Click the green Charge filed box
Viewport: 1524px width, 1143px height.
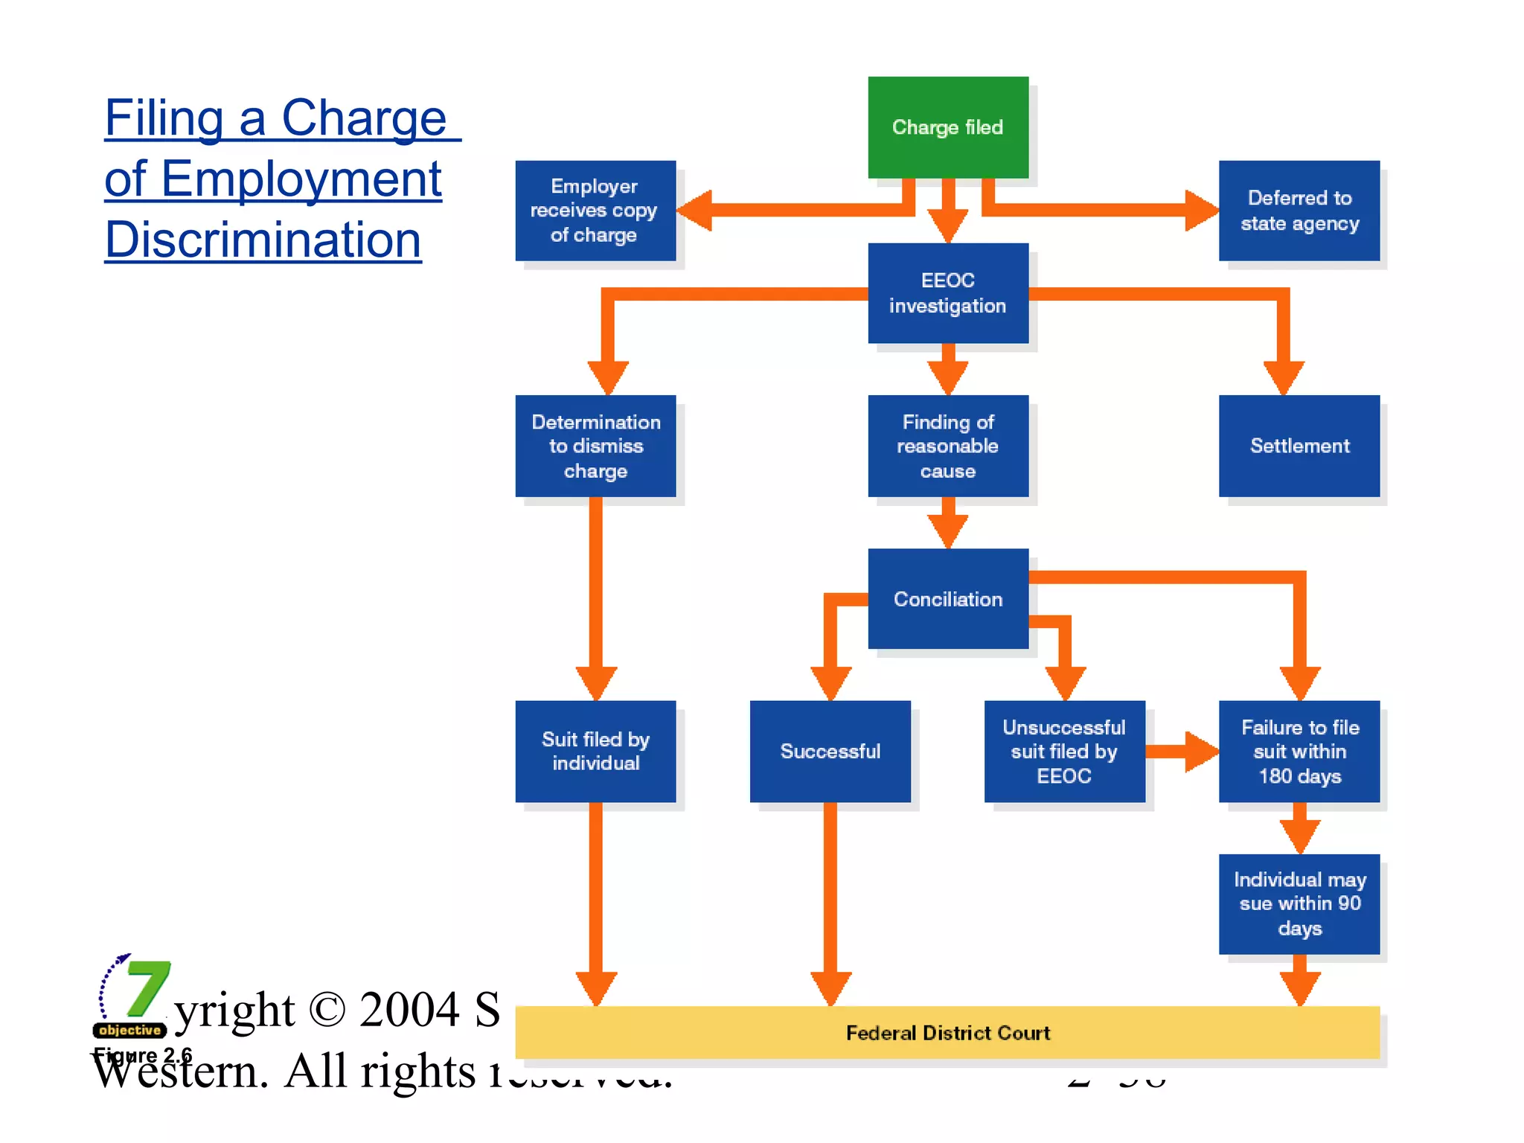click(947, 127)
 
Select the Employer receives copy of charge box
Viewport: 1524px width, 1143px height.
click(595, 211)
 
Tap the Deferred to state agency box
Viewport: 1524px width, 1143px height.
click(1299, 211)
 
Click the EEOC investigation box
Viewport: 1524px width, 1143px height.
click(947, 293)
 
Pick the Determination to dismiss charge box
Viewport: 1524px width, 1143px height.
click(595, 446)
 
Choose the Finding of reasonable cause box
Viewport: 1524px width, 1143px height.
click(947, 446)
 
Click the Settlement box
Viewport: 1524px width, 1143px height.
click(1299, 446)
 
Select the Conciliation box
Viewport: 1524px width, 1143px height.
click(947, 599)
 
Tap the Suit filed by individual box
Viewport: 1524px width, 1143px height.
click(595, 751)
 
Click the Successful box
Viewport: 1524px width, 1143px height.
click(830, 751)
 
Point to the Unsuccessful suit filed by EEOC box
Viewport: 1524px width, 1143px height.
click(1064, 751)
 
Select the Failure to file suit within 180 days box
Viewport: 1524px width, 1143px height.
click(1299, 751)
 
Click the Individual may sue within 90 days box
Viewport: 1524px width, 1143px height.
click(1299, 903)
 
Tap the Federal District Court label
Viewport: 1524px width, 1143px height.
click(947, 1033)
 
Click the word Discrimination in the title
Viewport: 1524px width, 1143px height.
click(263, 240)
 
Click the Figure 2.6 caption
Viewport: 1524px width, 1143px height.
click(142, 1055)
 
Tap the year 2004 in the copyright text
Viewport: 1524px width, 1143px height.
click(409, 1010)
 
